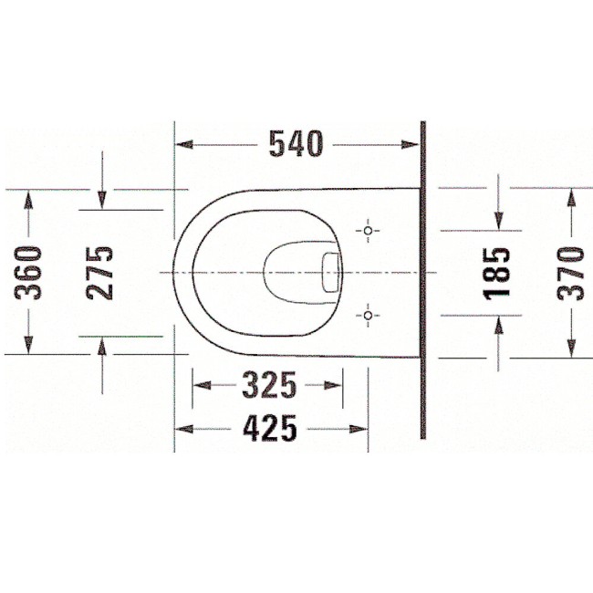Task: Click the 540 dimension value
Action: (x=296, y=144)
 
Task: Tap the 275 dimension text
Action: (x=102, y=273)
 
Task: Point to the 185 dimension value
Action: (x=497, y=273)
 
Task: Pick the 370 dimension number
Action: (x=571, y=273)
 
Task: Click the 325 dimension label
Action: (x=269, y=386)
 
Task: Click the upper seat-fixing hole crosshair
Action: (x=369, y=231)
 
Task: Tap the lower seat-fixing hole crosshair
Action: (x=369, y=316)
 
